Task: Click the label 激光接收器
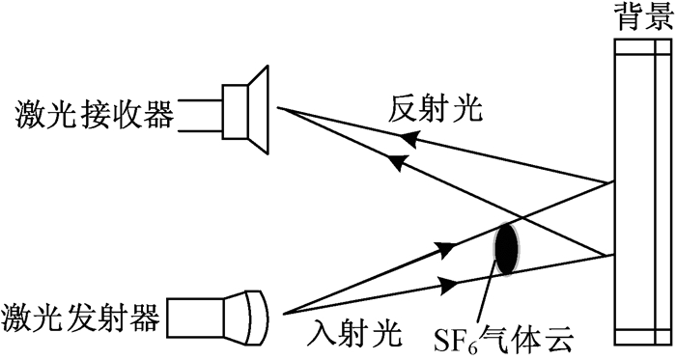[95, 115]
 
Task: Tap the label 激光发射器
[80, 318]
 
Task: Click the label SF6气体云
[504, 339]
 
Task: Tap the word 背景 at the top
[645, 16]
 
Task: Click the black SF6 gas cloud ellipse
[507, 249]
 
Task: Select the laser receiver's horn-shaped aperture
[259, 110]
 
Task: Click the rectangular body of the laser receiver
[236, 112]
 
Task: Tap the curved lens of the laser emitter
[258, 318]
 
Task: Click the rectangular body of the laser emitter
[196, 318]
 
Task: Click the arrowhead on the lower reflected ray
[397, 162]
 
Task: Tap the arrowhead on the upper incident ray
[446, 248]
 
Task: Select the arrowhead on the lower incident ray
[447, 284]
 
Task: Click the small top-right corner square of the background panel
[664, 47]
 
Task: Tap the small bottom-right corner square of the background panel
[664, 337]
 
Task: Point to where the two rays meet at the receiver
[278, 108]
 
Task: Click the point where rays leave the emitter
[282, 314]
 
